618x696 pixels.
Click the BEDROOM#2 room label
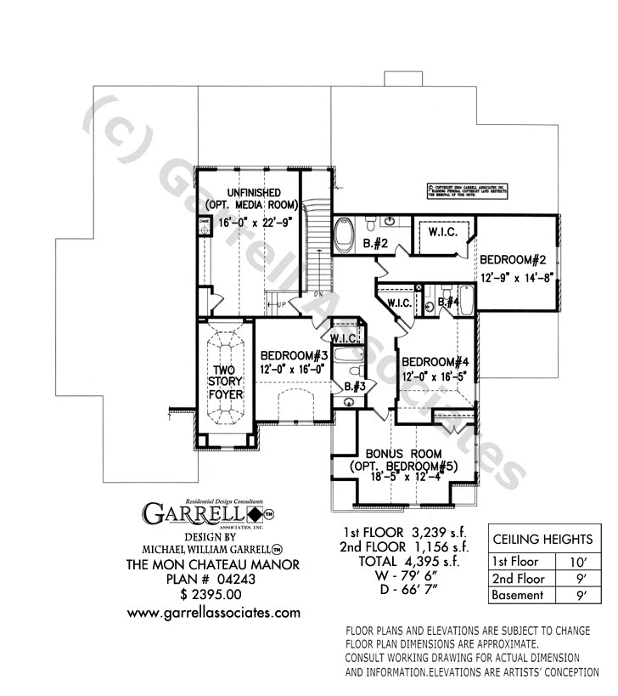click(x=514, y=259)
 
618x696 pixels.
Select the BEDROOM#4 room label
click(x=435, y=360)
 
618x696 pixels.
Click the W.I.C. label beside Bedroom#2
click(x=442, y=233)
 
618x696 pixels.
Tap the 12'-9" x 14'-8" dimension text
click(x=516, y=276)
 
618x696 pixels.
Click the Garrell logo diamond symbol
click(x=254, y=515)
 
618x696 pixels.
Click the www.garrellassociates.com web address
click(x=213, y=612)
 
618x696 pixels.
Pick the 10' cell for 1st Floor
click(x=573, y=560)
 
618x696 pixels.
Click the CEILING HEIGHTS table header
click(x=542, y=539)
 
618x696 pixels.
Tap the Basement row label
click(x=518, y=595)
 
